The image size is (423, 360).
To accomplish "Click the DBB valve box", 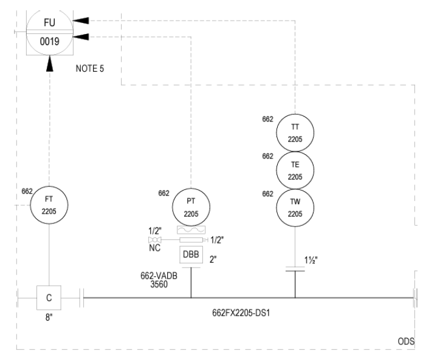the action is pos(191,254).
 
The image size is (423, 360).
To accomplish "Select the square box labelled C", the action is pos(49,297).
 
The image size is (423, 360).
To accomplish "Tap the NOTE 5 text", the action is pos(89,69).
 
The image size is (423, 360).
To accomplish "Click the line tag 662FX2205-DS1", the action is pos(241,313).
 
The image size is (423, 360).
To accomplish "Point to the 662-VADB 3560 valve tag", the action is pos(159,280).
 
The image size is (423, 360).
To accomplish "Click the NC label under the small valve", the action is pos(154,248).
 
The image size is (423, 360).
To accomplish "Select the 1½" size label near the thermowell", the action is pos(311,260).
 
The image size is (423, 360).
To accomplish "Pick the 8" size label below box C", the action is pos(49,318).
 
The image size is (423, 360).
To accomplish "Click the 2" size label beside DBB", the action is pos(213,259).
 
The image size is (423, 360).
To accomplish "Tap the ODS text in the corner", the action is pos(406,341).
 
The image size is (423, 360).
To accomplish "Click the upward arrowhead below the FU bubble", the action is pos(50,63).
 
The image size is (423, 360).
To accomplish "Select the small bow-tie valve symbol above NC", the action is pos(155,240).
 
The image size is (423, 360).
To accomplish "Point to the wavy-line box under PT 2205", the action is pos(191,230).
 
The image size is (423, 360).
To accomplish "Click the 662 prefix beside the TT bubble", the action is pos(267,119).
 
